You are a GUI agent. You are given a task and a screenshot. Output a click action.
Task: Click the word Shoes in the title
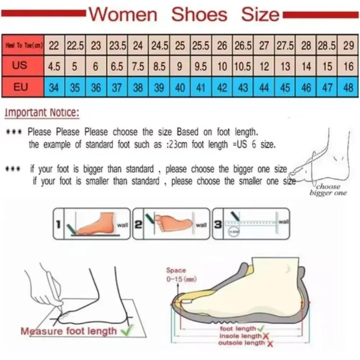point(199,15)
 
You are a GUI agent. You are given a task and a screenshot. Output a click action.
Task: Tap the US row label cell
point(19,66)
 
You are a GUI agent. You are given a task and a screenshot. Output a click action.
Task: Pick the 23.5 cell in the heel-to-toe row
point(117,46)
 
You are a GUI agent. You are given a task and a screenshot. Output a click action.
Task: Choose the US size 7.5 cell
point(138,67)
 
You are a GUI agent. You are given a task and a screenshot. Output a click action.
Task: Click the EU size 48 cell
point(348,87)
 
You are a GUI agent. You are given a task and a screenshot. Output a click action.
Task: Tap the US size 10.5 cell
point(243,67)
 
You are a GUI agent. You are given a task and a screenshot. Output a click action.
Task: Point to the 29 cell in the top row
point(348,46)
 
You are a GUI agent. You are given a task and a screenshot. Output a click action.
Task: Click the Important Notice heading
point(42,113)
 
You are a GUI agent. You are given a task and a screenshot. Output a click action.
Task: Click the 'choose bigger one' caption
point(328,190)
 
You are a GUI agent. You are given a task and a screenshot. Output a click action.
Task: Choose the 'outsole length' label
point(241,343)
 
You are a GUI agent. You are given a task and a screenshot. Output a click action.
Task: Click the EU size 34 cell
point(54,87)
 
